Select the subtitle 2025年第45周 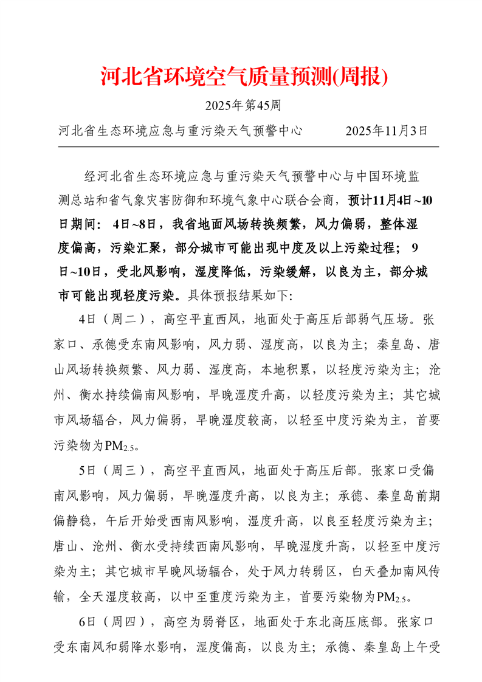pos(243,106)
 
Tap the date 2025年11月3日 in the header pos(387,130)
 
